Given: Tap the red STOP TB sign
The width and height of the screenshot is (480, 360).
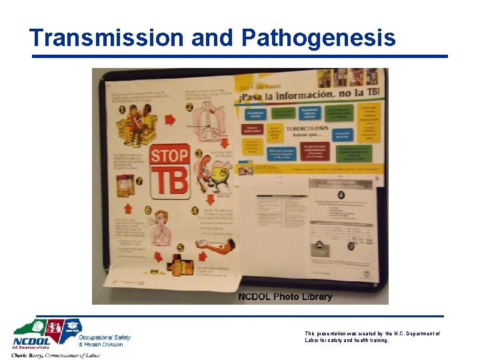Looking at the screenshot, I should [x=169, y=171].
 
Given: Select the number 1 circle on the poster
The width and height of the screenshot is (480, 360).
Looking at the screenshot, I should [x=121, y=111].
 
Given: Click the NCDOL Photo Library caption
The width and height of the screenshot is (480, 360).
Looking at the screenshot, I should [x=285, y=297].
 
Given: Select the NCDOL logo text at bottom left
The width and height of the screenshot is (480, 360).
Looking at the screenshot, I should [x=31, y=343].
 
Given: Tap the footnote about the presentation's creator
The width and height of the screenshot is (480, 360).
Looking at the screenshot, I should [x=371, y=337].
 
